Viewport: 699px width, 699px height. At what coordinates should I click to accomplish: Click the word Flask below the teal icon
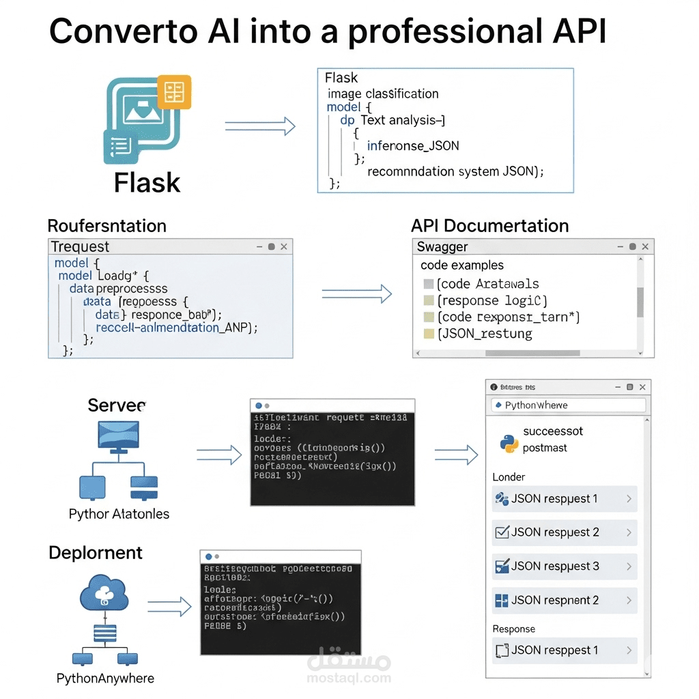coord(147,182)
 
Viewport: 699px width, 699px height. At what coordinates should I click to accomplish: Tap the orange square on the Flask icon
coord(174,92)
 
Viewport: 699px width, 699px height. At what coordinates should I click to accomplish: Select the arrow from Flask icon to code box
coord(260,126)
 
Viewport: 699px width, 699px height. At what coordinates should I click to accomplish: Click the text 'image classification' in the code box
coord(382,94)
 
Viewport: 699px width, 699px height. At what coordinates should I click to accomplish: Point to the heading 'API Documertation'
coord(489,226)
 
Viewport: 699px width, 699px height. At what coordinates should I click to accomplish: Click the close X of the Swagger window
coord(645,246)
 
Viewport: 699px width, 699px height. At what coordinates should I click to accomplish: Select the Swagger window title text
coord(442,247)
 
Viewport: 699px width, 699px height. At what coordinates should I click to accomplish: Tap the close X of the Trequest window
coord(284,246)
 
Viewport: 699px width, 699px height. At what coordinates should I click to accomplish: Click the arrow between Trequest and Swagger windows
coord(356,294)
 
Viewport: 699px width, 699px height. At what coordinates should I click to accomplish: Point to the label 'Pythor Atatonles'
coord(119,514)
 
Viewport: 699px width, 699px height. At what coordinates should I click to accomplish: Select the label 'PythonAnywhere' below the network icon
coord(105,679)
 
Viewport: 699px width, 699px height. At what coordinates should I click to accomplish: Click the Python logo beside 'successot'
coord(509,442)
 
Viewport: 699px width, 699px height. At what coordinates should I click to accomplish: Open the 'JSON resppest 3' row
coord(564,566)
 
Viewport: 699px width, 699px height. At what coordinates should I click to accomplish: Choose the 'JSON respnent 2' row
coord(564,600)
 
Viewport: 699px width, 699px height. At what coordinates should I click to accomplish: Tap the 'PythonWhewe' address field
coord(568,405)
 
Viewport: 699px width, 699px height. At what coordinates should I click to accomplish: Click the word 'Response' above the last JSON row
coord(513,629)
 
